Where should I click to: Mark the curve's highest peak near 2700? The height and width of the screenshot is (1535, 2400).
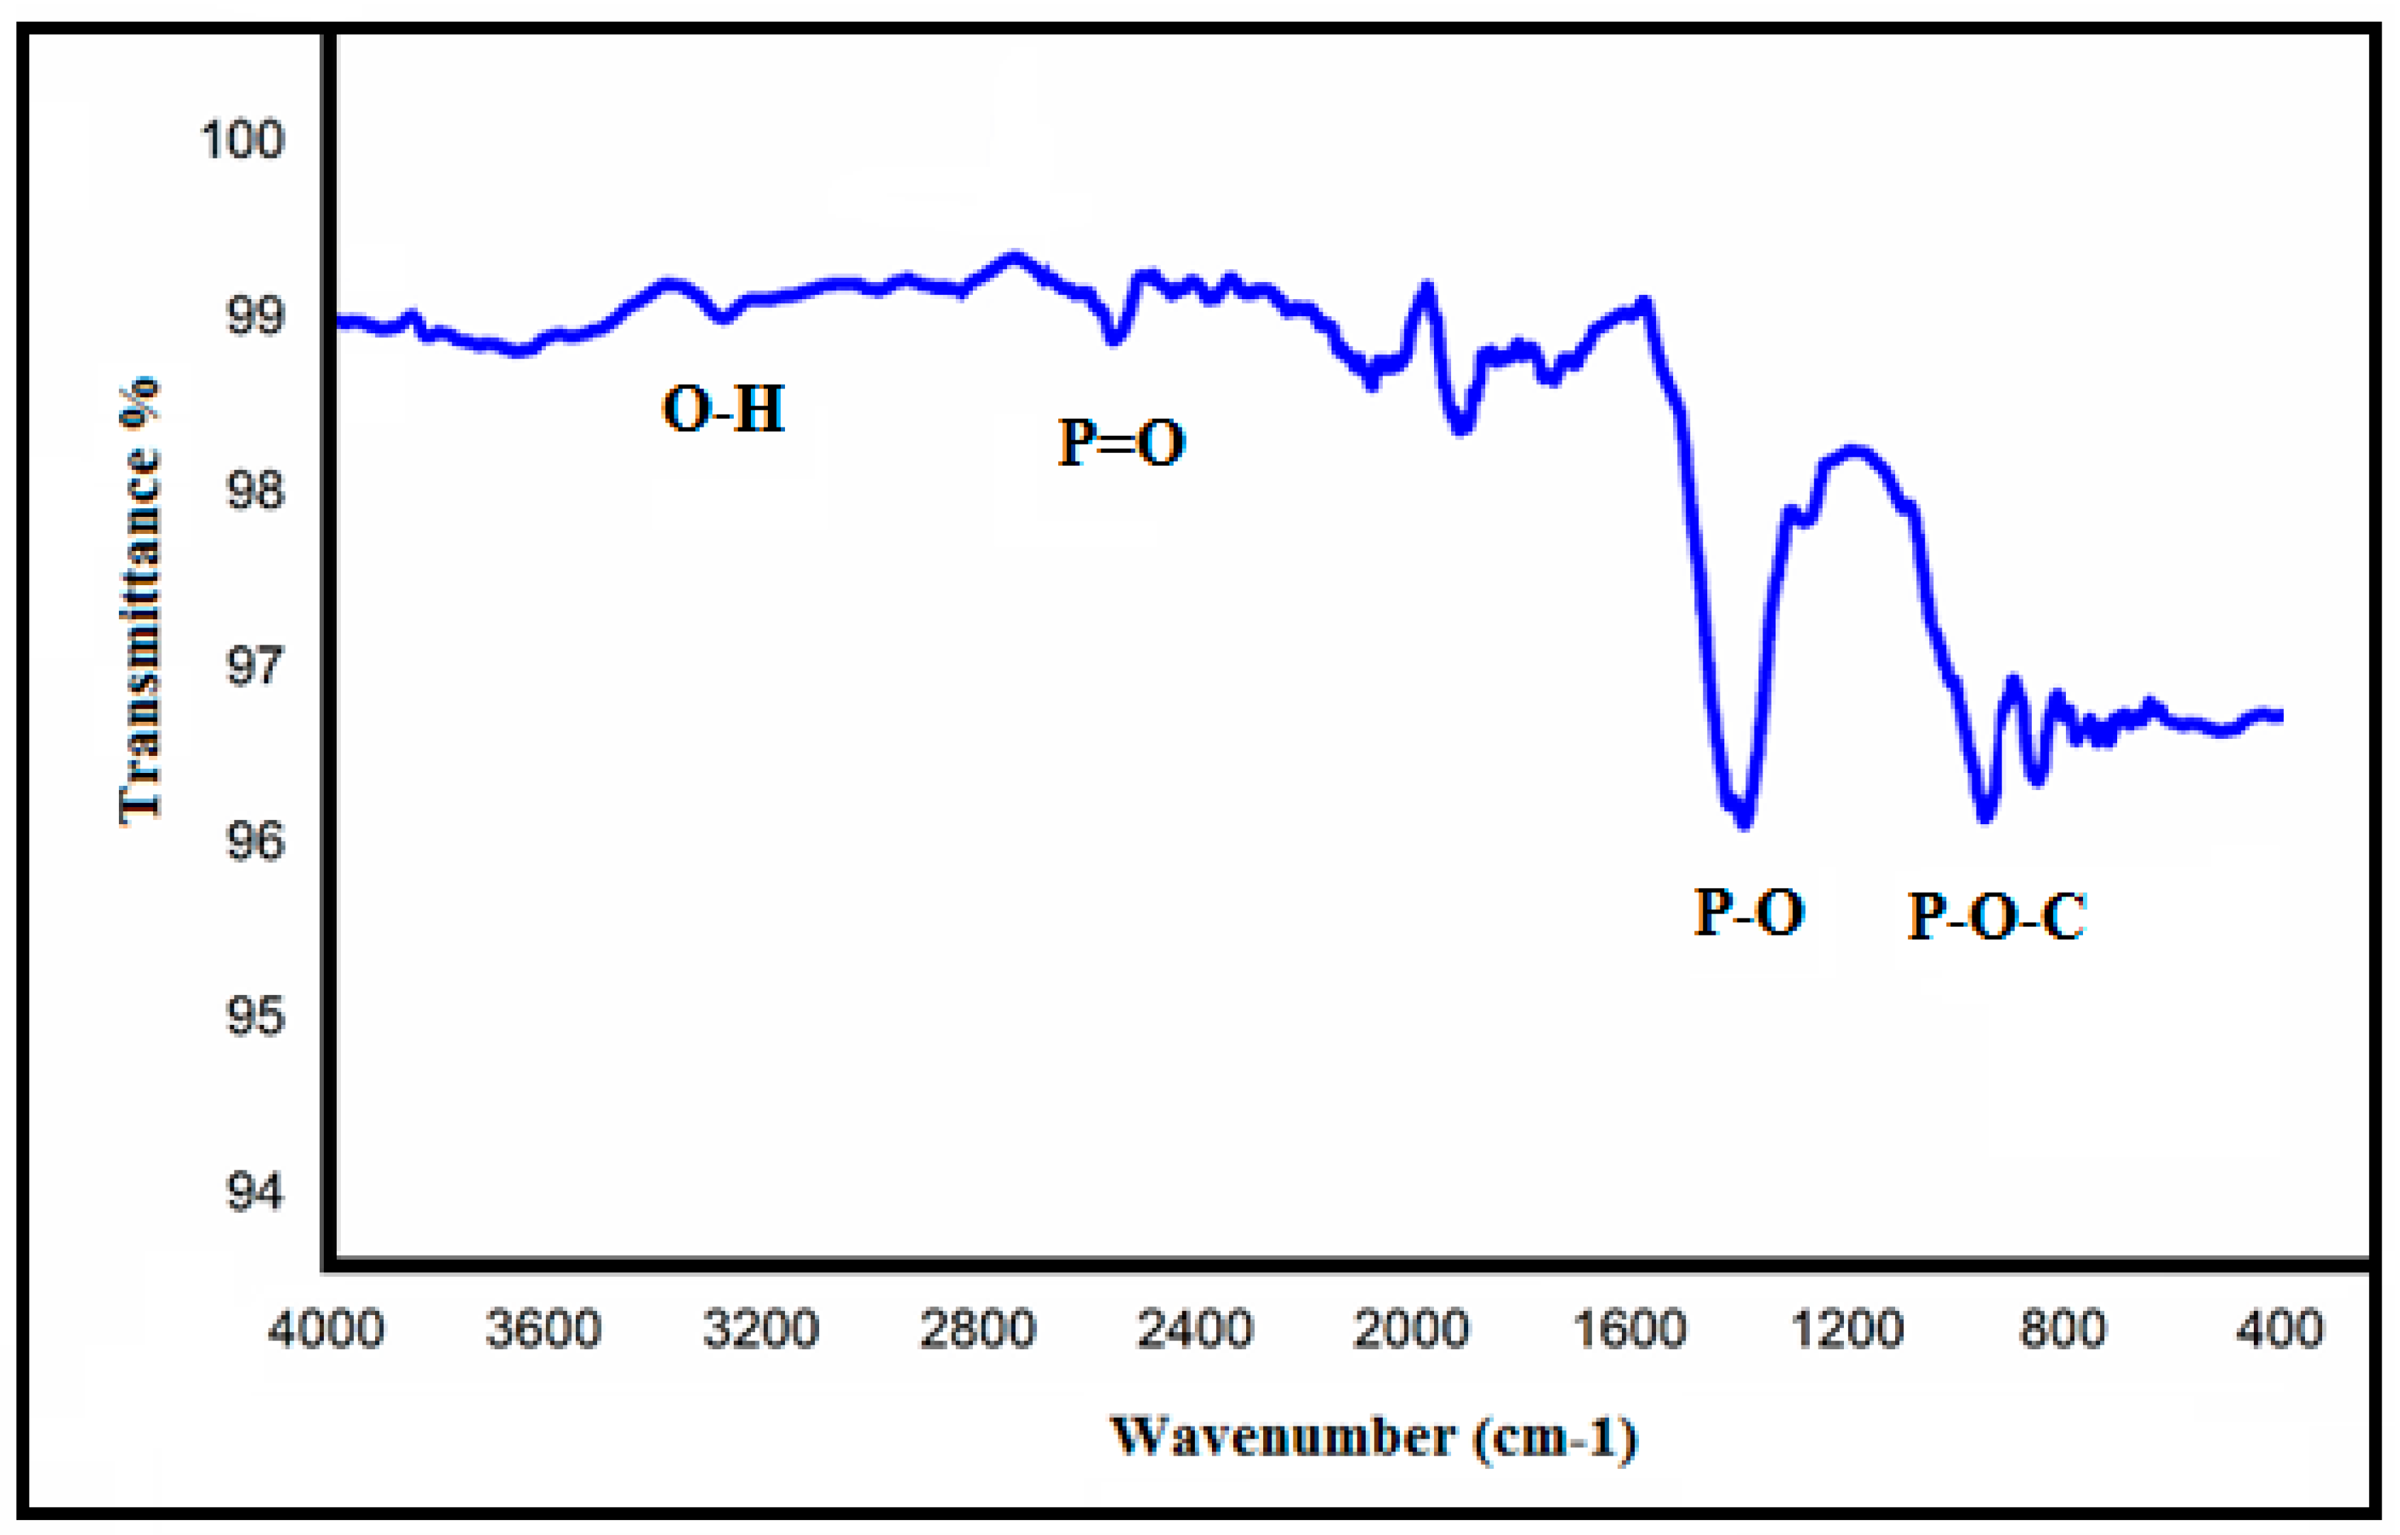pos(1014,257)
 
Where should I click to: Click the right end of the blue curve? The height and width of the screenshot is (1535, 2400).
pos(2279,716)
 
